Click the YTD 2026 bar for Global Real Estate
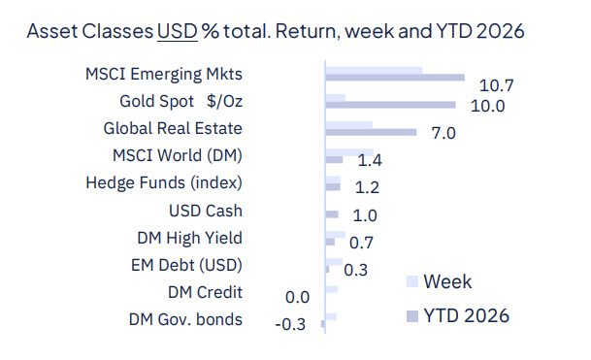coord(371,132)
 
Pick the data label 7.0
coord(443,133)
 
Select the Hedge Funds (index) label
coord(164,182)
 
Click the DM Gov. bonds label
coord(185,319)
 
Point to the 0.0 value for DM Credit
coord(295,297)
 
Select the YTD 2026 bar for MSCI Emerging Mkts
coord(395,78)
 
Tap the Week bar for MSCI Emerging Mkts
coord(374,70)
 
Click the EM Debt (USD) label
coord(186,264)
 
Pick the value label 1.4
coord(369,160)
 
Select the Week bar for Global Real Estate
coord(348,124)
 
